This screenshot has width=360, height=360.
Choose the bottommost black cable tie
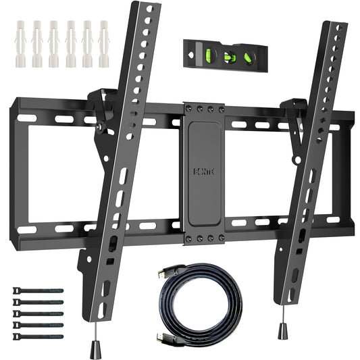(x=37, y=336)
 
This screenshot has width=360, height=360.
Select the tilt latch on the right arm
(x=294, y=112)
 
